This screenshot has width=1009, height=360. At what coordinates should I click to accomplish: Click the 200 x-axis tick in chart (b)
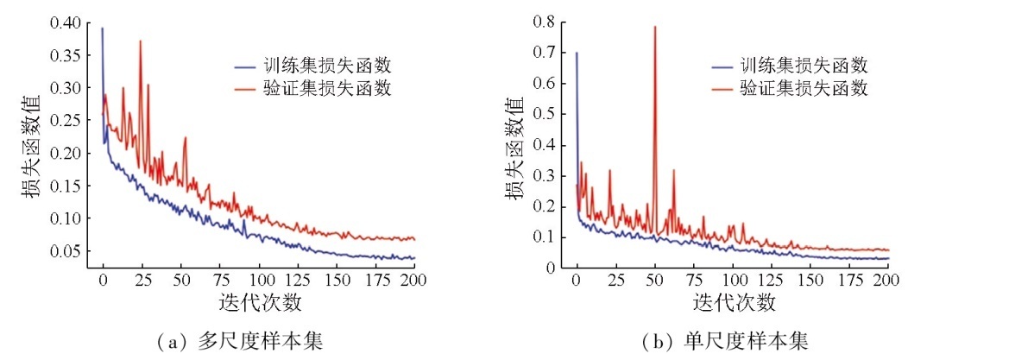click(x=888, y=281)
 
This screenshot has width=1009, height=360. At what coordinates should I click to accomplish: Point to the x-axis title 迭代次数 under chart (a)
click(x=259, y=303)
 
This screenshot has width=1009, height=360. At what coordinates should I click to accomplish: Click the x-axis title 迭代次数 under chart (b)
click(x=733, y=303)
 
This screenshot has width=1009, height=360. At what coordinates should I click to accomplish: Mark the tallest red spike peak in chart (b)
click(x=655, y=27)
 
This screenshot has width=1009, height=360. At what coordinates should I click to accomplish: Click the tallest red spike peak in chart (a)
click(x=140, y=41)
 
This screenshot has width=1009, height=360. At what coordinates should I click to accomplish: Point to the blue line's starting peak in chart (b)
click(x=577, y=54)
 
